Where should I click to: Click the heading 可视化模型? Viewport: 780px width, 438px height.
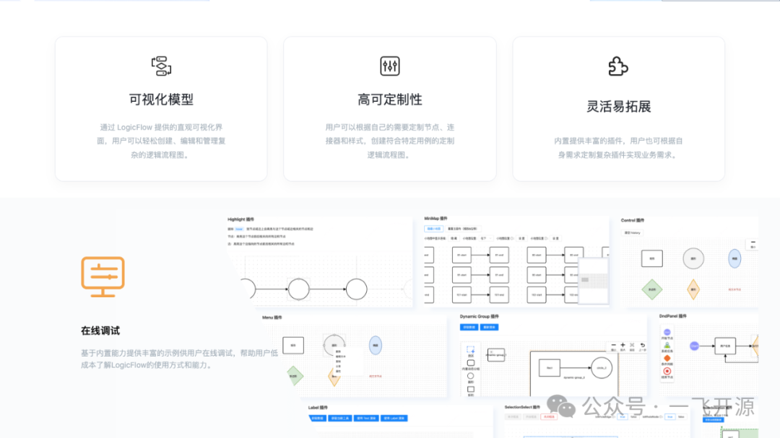[x=161, y=100]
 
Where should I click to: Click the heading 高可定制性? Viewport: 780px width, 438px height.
[x=389, y=100]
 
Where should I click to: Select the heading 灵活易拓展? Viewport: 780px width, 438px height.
[x=618, y=106]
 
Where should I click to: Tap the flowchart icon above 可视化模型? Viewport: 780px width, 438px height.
[x=161, y=66]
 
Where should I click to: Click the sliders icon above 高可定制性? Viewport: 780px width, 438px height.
[x=390, y=66]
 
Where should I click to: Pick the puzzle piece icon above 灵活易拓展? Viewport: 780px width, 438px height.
[x=618, y=66]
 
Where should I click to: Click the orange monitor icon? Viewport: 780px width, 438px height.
[x=103, y=276]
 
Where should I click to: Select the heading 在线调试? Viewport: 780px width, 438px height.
[x=100, y=330]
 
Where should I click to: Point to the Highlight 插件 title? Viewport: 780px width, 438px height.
[x=241, y=219]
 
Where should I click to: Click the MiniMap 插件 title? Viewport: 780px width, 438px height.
[x=436, y=219]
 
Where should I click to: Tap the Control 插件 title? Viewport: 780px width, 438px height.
[x=633, y=220]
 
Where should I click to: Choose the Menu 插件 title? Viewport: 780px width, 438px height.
[x=272, y=317]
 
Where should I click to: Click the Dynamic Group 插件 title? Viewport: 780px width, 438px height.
[x=480, y=316]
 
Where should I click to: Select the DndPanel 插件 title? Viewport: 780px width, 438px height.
[x=673, y=316]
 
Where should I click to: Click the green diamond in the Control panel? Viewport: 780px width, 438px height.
[x=652, y=289]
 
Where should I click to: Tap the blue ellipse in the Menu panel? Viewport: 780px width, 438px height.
[x=375, y=346]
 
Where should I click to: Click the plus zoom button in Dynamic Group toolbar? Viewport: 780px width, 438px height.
[x=614, y=346]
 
